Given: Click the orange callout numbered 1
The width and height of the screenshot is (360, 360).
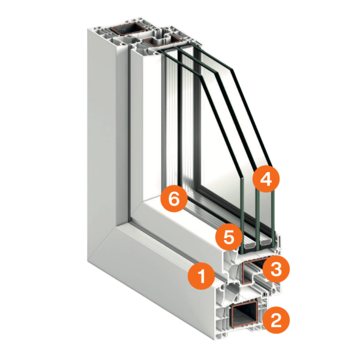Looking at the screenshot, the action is (x=202, y=276).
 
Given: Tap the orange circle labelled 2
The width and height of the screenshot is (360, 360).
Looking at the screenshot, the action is (x=276, y=320).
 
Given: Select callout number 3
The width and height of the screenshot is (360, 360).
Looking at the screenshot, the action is (x=276, y=269).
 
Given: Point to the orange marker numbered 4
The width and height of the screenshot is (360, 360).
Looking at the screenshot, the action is (x=266, y=179).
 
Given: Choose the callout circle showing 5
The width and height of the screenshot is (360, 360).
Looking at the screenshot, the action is (x=229, y=237).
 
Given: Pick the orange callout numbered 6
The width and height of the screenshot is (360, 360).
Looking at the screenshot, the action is (x=174, y=199).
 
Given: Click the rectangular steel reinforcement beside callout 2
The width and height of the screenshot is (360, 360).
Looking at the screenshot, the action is (x=245, y=314).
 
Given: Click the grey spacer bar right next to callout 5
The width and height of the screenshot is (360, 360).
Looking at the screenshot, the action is (x=250, y=245).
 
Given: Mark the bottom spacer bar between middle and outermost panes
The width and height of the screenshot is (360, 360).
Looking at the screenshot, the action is (x=266, y=242).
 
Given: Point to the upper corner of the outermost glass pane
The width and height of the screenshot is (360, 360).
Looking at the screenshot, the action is (x=232, y=70).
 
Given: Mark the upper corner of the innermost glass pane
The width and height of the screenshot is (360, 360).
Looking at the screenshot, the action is (x=201, y=77).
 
